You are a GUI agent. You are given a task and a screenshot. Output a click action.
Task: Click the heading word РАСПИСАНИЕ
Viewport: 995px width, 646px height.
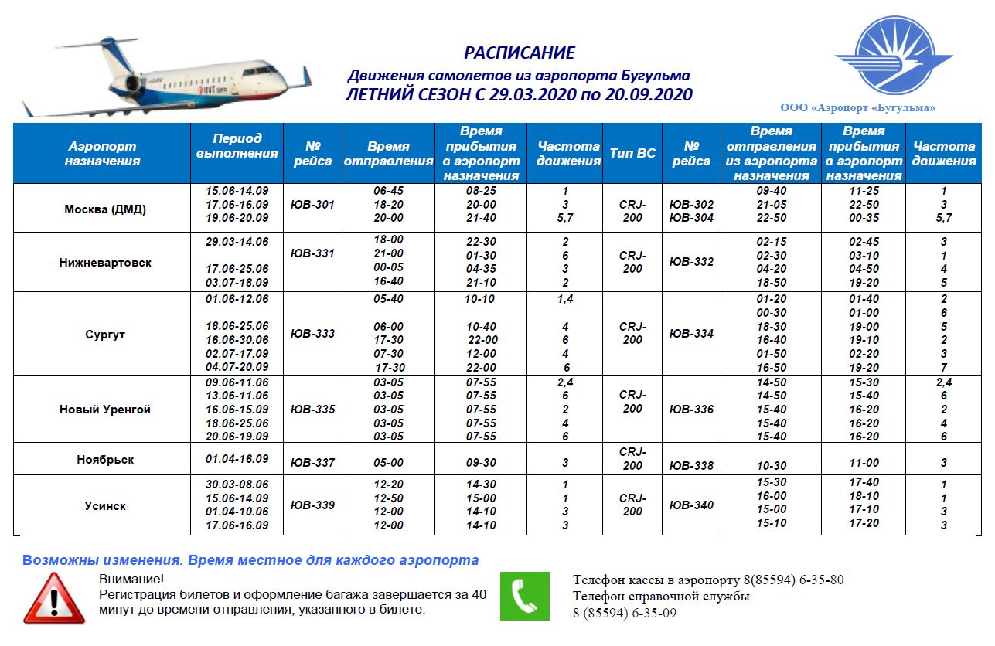tap(519, 53)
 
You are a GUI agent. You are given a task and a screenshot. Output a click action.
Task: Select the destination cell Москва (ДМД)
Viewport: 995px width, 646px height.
tap(105, 209)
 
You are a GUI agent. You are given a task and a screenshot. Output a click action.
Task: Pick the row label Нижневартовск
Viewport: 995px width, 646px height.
tap(105, 263)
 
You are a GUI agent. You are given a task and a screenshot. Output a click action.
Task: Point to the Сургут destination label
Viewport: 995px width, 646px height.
tap(105, 335)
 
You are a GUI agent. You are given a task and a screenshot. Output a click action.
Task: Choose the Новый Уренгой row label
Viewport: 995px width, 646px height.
tap(105, 410)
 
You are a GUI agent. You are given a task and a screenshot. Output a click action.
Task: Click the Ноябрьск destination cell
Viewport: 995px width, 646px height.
tap(105, 460)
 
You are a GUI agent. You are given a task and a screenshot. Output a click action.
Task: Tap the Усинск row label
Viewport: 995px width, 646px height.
tap(105, 506)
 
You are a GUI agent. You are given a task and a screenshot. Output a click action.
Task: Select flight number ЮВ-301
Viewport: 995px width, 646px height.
tap(312, 205)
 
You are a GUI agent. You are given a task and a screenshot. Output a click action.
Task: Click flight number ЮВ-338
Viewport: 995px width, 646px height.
tap(691, 466)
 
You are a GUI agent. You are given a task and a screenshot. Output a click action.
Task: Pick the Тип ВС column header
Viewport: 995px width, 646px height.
tap(632, 153)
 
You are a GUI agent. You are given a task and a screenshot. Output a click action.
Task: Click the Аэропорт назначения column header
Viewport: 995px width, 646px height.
tap(102, 153)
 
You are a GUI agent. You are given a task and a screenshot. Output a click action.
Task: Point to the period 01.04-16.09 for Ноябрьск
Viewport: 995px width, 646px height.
tap(237, 459)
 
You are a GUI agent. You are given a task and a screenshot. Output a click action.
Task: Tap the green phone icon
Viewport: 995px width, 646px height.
tap(525, 596)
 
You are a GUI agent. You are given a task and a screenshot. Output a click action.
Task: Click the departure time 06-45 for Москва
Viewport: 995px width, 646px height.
tap(388, 191)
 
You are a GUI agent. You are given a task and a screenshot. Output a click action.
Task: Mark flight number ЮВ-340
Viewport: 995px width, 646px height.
tap(691, 505)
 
